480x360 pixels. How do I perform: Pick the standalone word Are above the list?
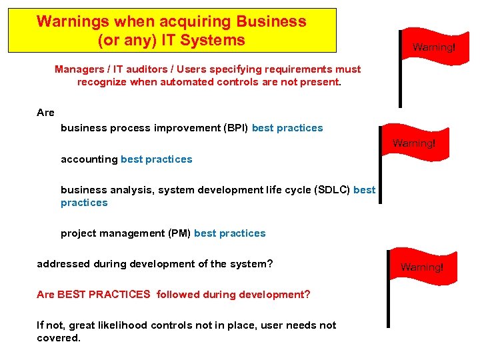(x=45, y=113)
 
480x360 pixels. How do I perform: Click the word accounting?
(x=89, y=159)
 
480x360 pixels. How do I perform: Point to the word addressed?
(x=63, y=264)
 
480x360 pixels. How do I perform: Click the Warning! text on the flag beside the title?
(x=433, y=47)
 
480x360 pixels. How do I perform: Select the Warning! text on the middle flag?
(x=413, y=143)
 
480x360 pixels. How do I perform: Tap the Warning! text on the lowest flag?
(x=421, y=267)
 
